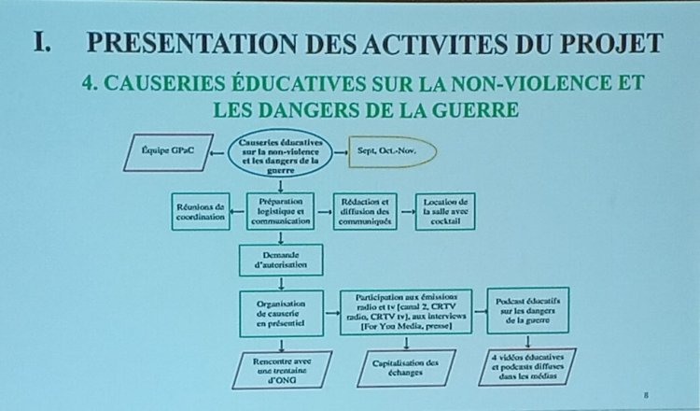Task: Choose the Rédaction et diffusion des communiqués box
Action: pyautogui.click(x=363, y=211)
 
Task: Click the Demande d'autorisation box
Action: pyautogui.click(x=281, y=259)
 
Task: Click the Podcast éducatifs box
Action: pyautogui.click(x=528, y=309)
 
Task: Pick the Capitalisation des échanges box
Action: pyautogui.click(x=406, y=368)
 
